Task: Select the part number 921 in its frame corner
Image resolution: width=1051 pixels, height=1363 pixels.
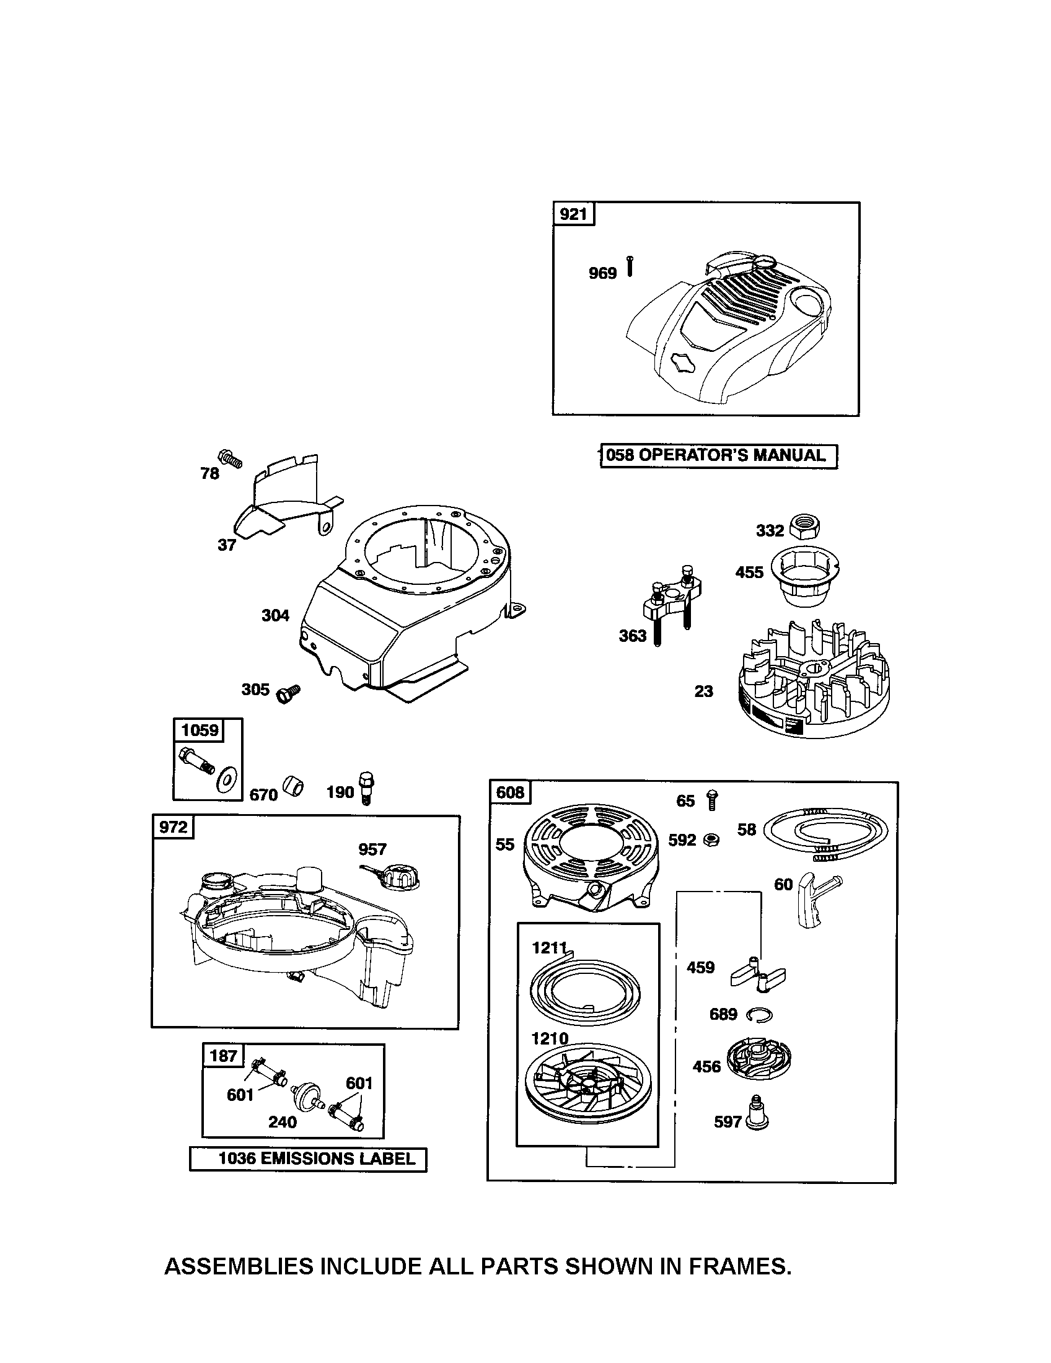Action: click(x=573, y=214)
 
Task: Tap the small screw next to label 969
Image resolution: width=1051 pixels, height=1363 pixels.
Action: click(x=630, y=266)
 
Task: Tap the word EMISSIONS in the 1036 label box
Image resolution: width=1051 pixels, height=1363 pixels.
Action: click(x=301, y=1159)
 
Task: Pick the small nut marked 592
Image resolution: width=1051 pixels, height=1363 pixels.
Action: click(x=711, y=840)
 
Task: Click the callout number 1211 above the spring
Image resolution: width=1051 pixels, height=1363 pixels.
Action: click(x=549, y=948)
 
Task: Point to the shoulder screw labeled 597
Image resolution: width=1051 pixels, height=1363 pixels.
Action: click(x=757, y=1120)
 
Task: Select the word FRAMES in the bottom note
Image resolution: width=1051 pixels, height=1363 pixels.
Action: click(x=739, y=1266)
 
